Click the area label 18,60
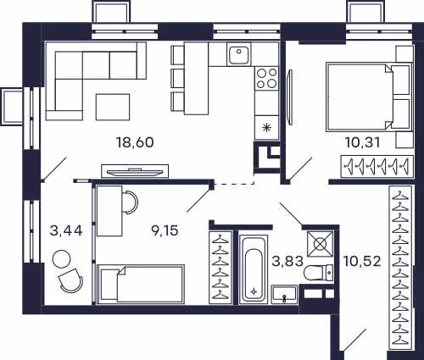tap(135, 142)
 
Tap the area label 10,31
tap(363, 142)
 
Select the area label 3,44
tap(66, 230)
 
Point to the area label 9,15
tap(165, 230)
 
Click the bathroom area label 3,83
tap(287, 261)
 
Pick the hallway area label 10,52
tap(362, 261)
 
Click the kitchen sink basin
tap(239, 54)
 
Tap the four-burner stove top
tap(266, 78)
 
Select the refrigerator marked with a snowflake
tap(266, 127)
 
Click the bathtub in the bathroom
tap(254, 268)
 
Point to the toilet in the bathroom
tap(319, 272)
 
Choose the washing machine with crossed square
tap(320, 244)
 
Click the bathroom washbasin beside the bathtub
tap(284, 295)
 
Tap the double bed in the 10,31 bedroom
tap(368, 97)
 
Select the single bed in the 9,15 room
tap(141, 284)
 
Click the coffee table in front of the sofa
tap(113, 107)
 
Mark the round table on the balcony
tap(62, 259)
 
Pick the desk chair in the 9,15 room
tap(131, 202)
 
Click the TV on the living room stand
tap(135, 172)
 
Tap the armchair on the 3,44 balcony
tap(70, 280)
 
